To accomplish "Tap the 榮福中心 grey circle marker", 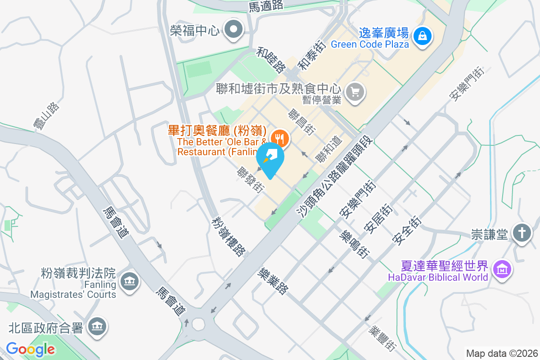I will tap(234, 31).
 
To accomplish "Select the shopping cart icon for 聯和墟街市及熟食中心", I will tap(355, 93).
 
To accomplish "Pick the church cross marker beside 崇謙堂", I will tap(522, 234).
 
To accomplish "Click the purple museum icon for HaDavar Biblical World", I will tap(501, 270).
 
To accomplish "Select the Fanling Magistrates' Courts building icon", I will tap(130, 282).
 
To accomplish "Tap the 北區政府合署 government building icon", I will tap(98, 326).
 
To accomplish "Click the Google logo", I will tap(30, 349).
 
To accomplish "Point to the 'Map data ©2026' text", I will tap(502, 353).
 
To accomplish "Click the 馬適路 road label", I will tap(265, 5).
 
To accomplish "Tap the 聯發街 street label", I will tap(251, 180).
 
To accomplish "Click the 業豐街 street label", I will tap(382, 338).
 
